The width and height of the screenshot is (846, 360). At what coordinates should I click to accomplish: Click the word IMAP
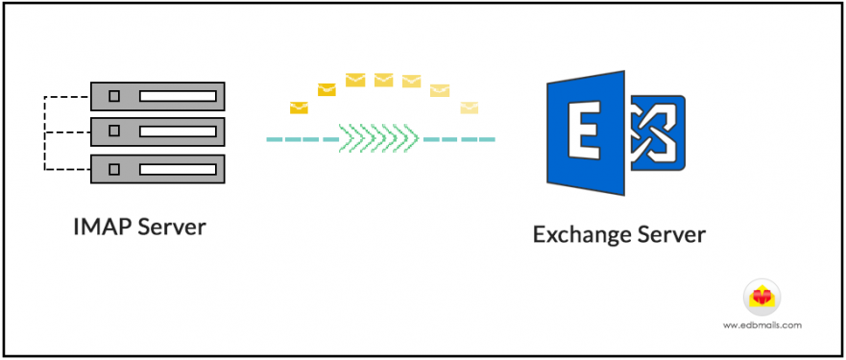pos(102,228)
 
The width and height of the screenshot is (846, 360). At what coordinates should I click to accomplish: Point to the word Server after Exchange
pos(673,234)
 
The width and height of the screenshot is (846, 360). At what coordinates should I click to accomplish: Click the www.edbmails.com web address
pos(762,325)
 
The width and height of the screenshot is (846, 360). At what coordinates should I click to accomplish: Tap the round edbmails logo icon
pos(762,297)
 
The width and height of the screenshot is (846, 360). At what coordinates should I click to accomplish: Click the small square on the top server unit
pos(114,96)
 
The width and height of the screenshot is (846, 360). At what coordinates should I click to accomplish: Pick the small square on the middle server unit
pos(114,132)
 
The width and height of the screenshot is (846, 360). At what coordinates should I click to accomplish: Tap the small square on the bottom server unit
pos(114,169)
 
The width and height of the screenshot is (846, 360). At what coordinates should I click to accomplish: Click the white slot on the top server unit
pos(178,96)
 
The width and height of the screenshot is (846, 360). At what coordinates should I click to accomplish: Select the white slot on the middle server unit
pos(178,132)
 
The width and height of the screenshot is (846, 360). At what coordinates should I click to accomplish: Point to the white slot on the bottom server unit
pos(178,169)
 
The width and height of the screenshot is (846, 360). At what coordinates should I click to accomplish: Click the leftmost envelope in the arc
pos(299,108)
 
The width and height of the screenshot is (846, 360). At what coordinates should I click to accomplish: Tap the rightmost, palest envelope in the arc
pos(469,108)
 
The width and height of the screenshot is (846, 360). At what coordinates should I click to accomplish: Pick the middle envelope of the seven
pos(384,80)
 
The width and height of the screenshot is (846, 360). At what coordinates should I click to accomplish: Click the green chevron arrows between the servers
pos(378,139)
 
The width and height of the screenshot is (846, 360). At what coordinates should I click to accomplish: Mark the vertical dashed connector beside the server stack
pos(44,132)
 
